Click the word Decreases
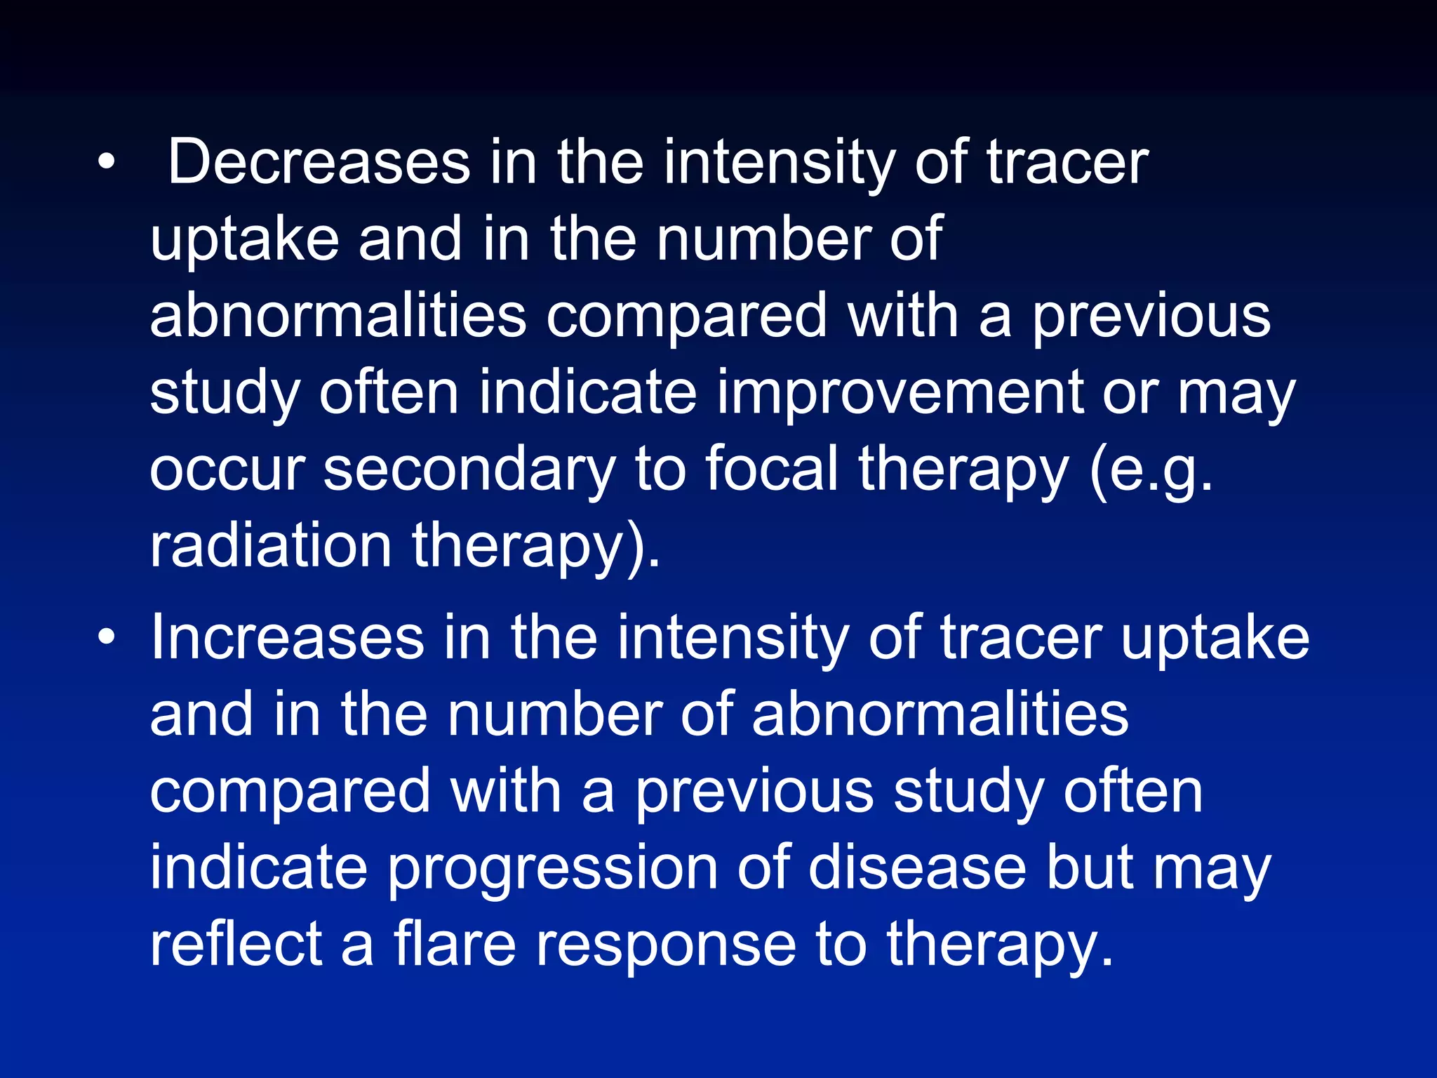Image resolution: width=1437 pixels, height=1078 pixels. (x=319, y=163)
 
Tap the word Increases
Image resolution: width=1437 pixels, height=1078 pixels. (x=287, y=637)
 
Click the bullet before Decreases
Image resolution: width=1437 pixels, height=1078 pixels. (x=106, y=163)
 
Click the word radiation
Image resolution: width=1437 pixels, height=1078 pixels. (x=270, y=546)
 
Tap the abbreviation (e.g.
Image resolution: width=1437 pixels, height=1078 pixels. (x=1151, y=470)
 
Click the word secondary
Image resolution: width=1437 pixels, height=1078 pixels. (x=469, y=470)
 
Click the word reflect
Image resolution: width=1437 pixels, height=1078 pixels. (x=236, y=944)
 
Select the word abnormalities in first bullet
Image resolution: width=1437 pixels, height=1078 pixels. (x=337, y=316)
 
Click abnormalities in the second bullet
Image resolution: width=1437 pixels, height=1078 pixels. (x=940, y=714)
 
